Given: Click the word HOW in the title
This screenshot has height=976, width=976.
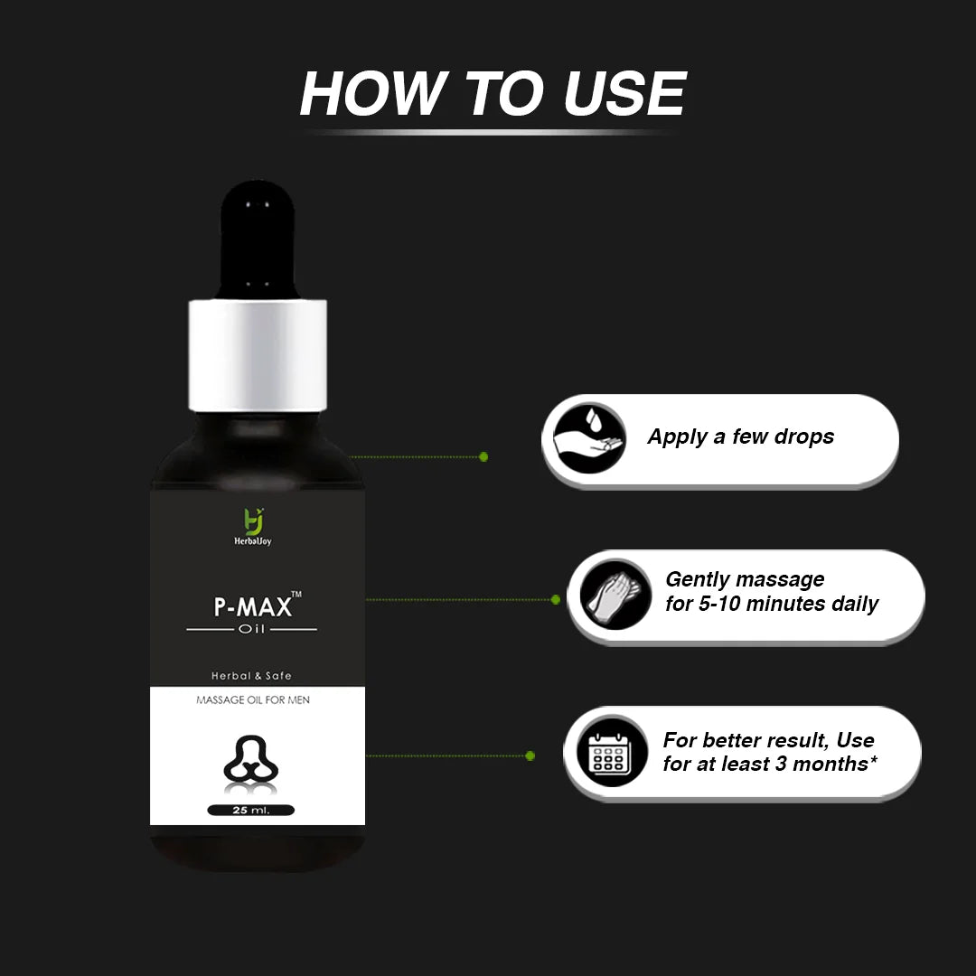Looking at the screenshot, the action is point(373,93).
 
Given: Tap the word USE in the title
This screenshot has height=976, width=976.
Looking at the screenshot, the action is point(624,93).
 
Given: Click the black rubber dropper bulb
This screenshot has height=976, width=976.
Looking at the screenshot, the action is point(257,239).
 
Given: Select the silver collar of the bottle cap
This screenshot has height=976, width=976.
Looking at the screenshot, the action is point(258,355).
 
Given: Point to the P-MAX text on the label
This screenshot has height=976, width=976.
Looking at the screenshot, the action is point(253,607).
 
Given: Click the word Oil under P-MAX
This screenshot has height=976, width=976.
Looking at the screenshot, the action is point(252,629).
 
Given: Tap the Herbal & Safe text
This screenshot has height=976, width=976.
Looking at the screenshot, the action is point(251,675).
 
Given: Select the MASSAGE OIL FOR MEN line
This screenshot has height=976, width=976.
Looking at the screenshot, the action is point(253,699).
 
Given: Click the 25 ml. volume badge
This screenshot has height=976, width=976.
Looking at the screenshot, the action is point(251,810).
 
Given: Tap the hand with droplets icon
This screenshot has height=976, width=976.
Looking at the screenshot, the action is point(589,437).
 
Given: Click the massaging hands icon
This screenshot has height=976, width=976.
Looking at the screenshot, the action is point(615,594).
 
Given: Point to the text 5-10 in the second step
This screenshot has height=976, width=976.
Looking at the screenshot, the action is point(719,603).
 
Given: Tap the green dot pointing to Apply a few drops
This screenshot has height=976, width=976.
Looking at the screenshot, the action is point(483,457).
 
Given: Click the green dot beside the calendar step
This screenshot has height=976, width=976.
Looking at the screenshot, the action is point(530,755).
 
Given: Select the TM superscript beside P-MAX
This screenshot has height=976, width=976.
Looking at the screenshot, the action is point(297,595).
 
